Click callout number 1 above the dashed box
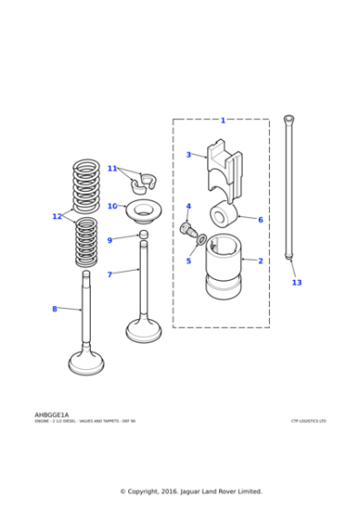[223, 120]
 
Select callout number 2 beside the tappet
[260, 261]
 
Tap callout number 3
[188, 155]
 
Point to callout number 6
[260, 220]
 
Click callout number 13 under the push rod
[296, 283]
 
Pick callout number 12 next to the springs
[57, 216]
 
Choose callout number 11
[112, 168]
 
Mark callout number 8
[54, 309]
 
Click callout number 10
[112, 206]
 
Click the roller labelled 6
[224, 215]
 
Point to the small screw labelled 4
[186, 227]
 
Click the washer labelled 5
[201, 240]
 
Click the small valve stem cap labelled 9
[143, 235]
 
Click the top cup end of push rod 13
[288, 119]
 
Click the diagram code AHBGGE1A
[52, 414]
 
